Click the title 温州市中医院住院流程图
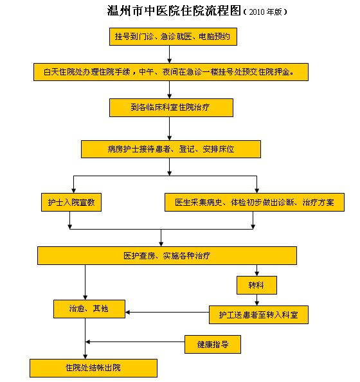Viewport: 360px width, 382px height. pos(174,11)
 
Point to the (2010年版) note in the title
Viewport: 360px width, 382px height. pos(265,12)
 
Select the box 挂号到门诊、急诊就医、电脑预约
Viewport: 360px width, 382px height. pos(173,37)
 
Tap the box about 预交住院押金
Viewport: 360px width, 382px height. pos(171,72)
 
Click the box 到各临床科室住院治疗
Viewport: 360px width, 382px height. pos(171,107)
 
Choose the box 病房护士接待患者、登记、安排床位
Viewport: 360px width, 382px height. pos(171,149)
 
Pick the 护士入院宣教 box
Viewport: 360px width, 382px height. pos(71,202)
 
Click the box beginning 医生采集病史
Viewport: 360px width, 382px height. pos(255,202)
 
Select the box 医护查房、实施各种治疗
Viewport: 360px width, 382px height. pos(167,255)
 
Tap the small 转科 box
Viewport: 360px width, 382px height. pos(256,285)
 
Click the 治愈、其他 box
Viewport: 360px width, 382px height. pos(89,309)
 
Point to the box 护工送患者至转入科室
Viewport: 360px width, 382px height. pos(258,314)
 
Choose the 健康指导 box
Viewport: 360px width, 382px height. pos(213,344)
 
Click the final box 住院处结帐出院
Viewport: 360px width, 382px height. pos(93,368)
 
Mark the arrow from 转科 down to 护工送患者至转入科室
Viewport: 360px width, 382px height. pos(256,300)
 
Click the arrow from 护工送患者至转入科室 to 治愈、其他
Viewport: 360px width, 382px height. pos(167,313)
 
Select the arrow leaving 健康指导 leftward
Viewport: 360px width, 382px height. pos(135,341)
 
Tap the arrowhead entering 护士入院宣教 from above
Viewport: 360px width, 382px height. pos(73,191)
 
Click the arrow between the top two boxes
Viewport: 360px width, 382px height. pos(170,54)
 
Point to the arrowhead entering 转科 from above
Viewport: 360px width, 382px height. pos(256,274)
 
